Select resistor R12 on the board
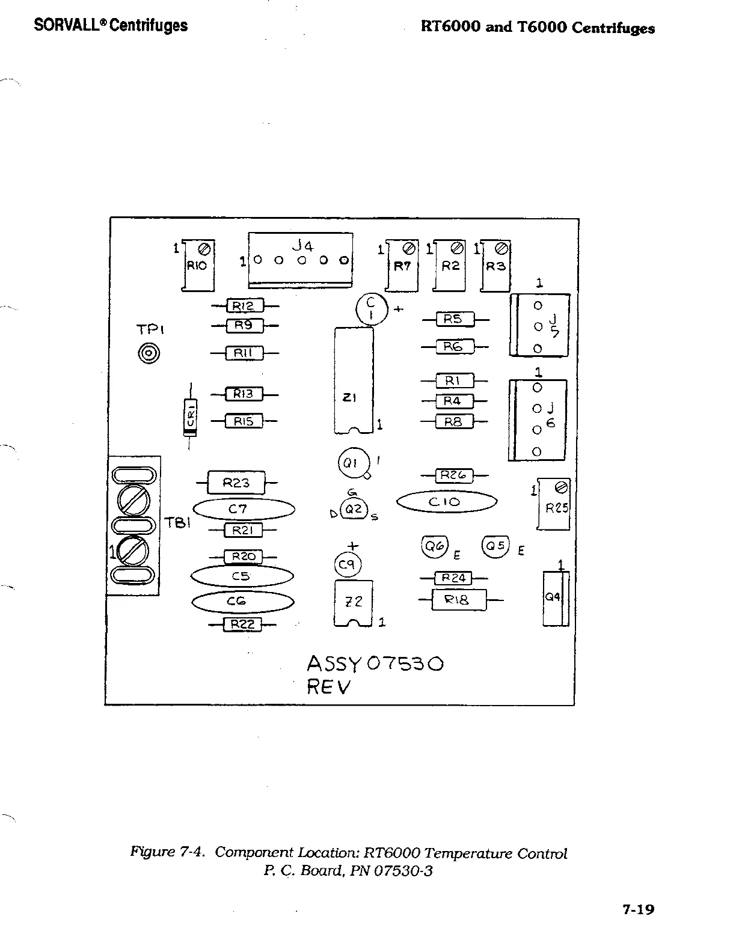[x=244, y=307]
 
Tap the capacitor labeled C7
[x=244, y=510]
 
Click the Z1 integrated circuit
[x=354, y=380]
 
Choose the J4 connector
[x=301, y=260]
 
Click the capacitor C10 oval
[x=447, y=502]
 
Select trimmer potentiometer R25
[x=553, y=504]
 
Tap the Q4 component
[x=554, y=598]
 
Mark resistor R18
[x=459, y=599]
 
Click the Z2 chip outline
[x=354, y=602]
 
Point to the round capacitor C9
[x=347, y=564]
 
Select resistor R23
[x=236, y=482]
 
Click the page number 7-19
[x=637, y=909]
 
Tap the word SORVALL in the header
[x=70, y=25]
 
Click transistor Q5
[x=495, y=546]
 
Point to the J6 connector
[x=538, y=420]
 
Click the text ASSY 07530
[x=375, y=664]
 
